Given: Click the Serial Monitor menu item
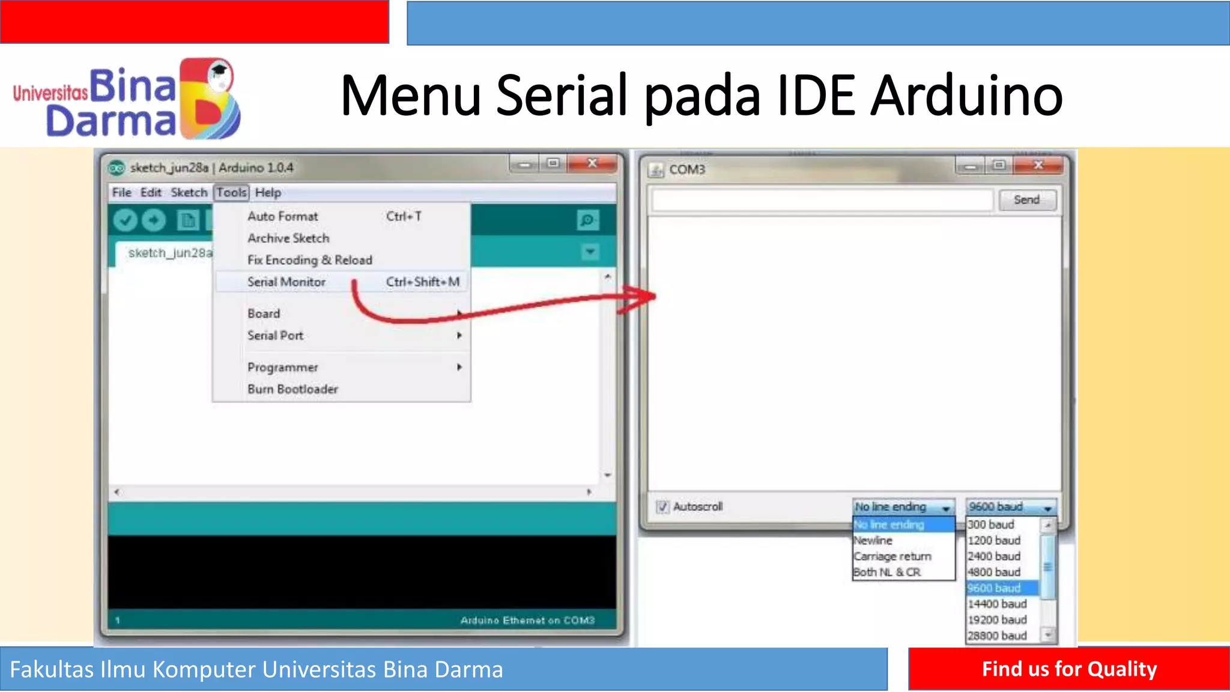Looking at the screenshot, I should (286, 282).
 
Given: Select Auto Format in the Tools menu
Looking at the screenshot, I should (282, 216).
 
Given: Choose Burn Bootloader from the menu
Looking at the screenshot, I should (292, 389).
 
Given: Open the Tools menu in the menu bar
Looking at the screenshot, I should (231, 193).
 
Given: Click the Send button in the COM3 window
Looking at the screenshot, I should (1026, 200).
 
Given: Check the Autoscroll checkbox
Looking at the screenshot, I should (662, 507).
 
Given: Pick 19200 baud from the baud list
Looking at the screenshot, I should (997, 619).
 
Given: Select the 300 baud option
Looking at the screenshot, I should (990, 524).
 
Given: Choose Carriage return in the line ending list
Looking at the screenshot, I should (892, 556).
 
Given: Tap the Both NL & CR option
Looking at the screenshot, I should (887, 572).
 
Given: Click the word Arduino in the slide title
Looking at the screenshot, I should (966, 96).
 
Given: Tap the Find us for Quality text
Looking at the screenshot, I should (1069, 669).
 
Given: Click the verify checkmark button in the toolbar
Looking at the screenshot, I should (125, 220).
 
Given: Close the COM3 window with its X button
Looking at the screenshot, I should (1038, 165).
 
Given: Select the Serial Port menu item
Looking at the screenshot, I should (275, 335).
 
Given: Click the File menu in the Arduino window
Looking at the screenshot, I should (121, 193).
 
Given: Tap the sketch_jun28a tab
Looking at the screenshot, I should (169, 253).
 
